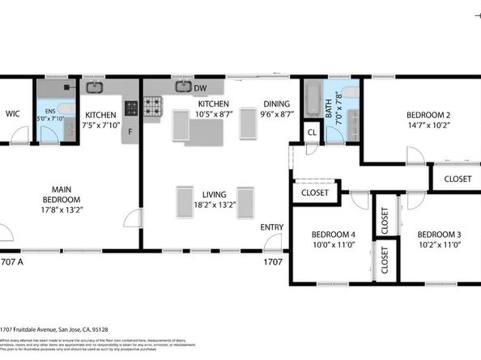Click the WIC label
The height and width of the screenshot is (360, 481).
pyautogui.click(x=13, y=115)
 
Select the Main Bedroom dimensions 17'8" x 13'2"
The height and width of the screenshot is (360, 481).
pyautogui.click(x=62, y=210)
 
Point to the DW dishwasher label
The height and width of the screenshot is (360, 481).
pyautogui.click(x=199, y=87)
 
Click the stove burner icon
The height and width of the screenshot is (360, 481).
pyautogui.click(x=153, y=104)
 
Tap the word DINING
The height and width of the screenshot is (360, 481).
pyautogui.click(x=277, y=104)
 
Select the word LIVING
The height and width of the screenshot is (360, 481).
pyautogui.click(x=214, y=195)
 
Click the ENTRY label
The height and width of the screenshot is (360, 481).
pyautogui.click(x=271, y=227)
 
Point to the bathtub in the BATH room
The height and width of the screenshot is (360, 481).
pyautogui.click(x=312, y=99)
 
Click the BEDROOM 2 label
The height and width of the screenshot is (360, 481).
pyautogui.click(x=428, y=115)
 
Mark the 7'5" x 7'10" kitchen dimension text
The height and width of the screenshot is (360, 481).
pyautogui.click(x=101, y=125)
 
